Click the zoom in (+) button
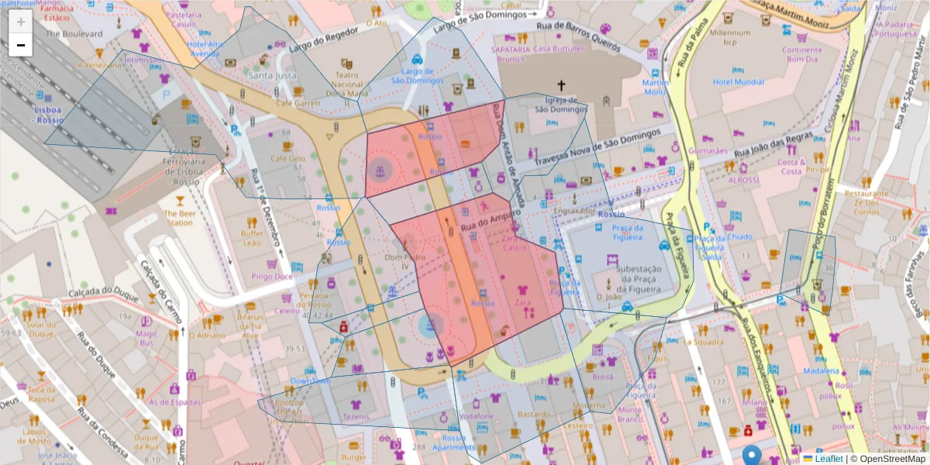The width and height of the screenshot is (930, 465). (21, 22)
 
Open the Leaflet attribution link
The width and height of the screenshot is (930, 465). (828, 458)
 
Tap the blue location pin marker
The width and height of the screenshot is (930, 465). (751, 456)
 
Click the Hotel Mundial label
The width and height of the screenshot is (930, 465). (738, 81)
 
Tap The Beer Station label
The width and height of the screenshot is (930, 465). (178, 218)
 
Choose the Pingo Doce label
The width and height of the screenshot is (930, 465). (272, 276)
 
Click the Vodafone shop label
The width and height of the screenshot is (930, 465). (475, 417)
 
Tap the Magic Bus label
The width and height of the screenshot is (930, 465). (146, 338)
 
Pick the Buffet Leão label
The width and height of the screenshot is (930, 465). (251, 238)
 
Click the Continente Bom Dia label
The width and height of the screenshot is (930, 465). (803, 54)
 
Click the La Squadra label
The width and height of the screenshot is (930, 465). (703, 341)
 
